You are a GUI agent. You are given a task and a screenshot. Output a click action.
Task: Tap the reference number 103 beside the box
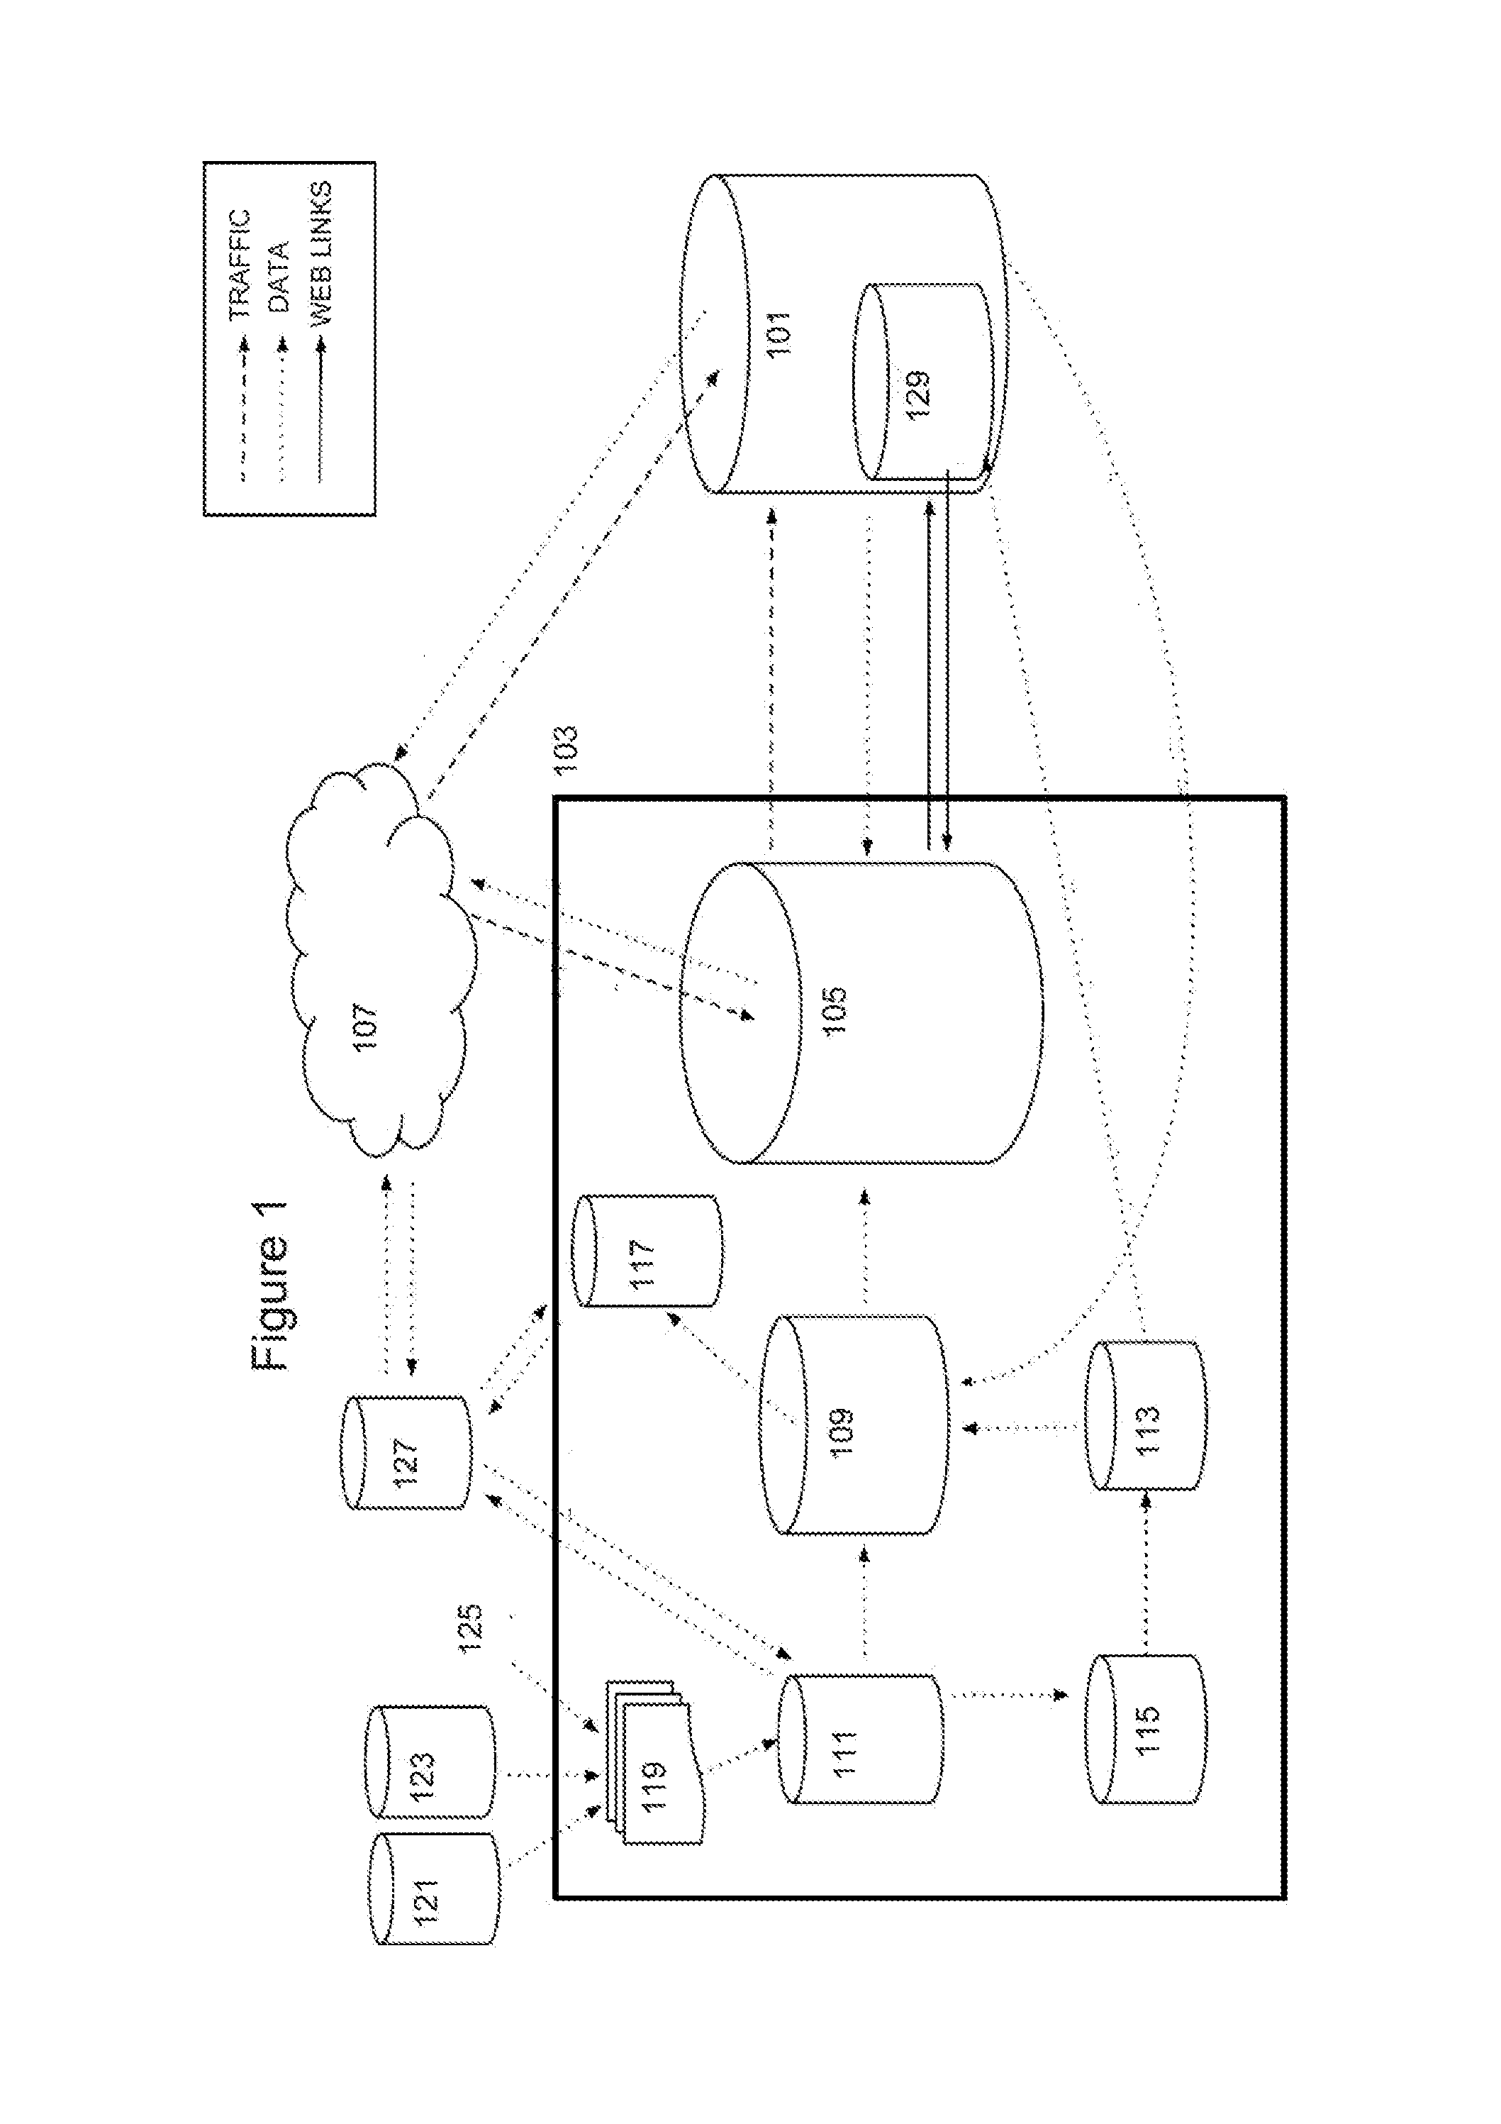[565, 749]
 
